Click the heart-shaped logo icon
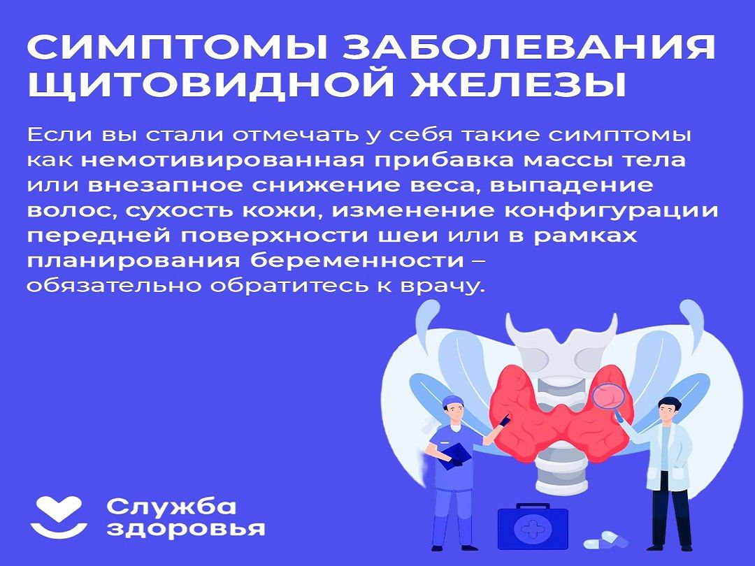(59, 516)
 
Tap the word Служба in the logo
(171, 507)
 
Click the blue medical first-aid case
(533, 526)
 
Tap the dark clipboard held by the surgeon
(455, 455)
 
